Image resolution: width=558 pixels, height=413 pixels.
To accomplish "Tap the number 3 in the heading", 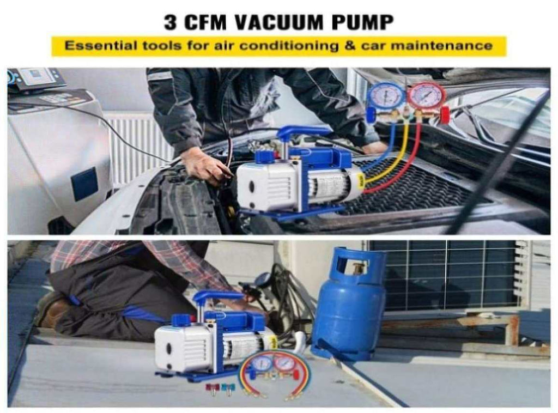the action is pos(171,22).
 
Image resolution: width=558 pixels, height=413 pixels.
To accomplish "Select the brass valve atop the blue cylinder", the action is pos(355,269).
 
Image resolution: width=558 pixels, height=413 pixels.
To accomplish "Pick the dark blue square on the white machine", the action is pos(84,184).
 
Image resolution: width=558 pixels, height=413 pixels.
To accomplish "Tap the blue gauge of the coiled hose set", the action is pos(263,365).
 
